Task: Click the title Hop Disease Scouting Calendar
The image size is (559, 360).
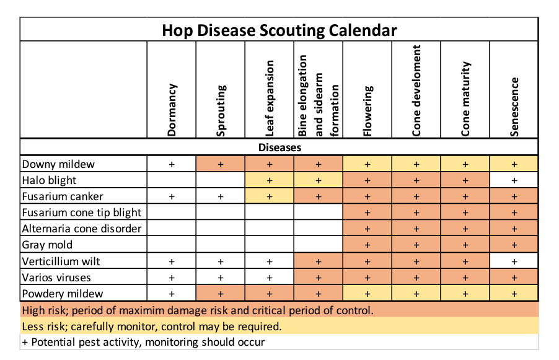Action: click(279, 30)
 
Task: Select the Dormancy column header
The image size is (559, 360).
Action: click(172, 110)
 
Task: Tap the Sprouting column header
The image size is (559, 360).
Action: click(221, 111)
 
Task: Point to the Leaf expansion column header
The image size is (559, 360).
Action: click(270, 99)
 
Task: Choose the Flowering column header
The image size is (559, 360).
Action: click(368, 111)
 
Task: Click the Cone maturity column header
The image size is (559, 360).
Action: click(465, 99)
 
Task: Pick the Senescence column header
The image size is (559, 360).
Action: click(514, 107)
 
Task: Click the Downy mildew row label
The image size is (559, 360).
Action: click(58, 164)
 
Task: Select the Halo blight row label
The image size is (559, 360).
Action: click(49, 180)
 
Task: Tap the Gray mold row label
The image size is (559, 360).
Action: click(47, 245)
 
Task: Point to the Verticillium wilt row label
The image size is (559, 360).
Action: click(61, 261)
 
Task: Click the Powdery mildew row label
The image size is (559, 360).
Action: click(63, 294)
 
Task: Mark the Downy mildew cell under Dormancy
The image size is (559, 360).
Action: click(172, 164)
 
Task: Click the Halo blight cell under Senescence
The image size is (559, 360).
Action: click(514, 180)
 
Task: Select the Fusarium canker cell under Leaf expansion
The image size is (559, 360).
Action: click(270, 196)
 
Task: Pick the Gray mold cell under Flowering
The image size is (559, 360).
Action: click(368, 245)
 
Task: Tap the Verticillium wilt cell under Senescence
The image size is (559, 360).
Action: click(514, 261)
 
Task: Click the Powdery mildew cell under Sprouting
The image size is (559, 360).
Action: click(221, 294)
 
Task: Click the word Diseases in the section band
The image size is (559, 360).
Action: click(280, 147)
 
